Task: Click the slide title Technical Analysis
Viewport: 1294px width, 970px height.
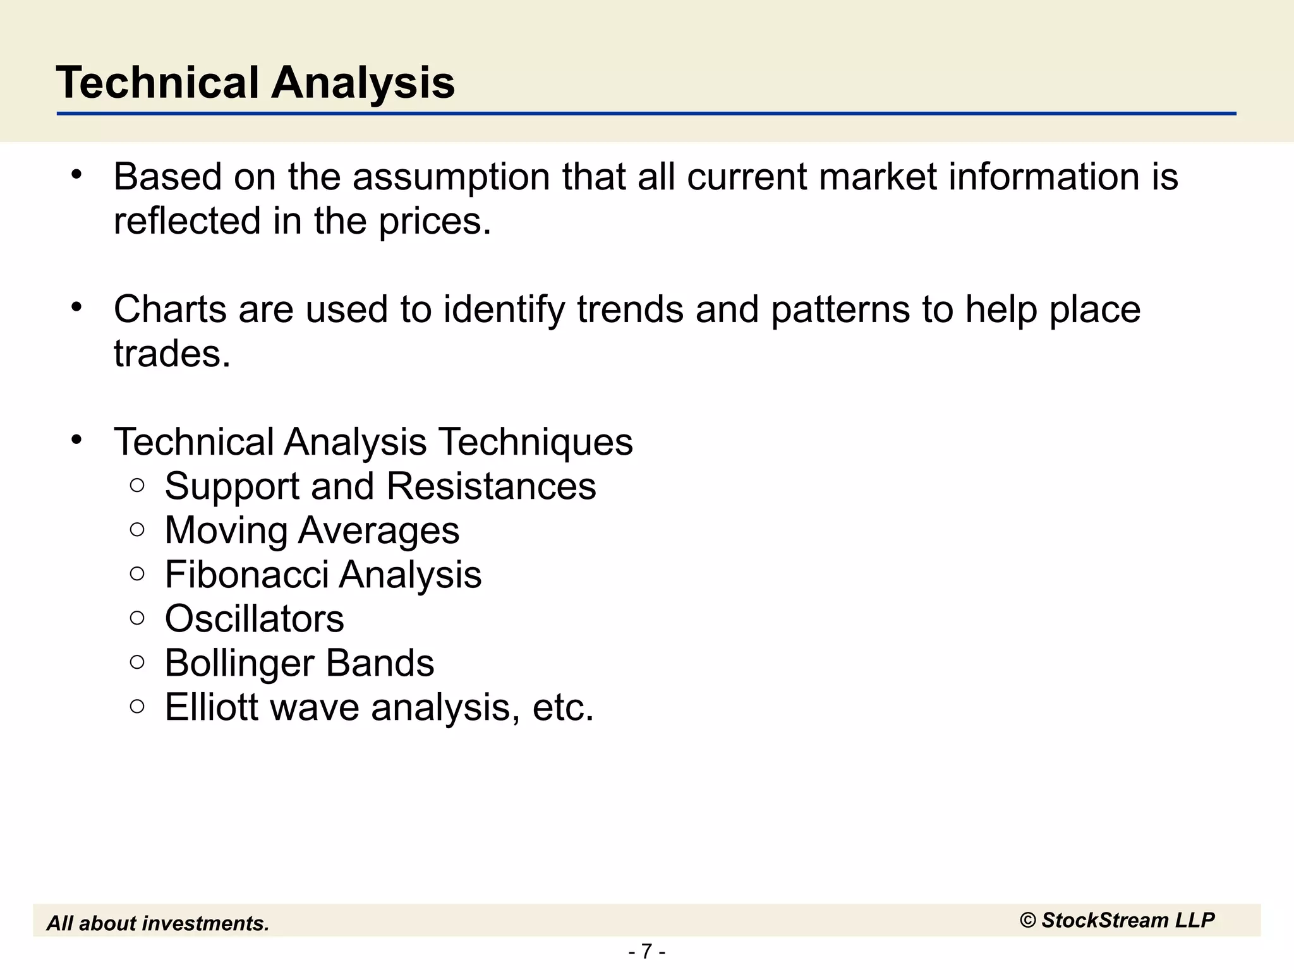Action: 255,83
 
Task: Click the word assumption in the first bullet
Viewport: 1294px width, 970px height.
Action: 450,177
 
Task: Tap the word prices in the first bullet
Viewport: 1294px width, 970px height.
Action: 434,222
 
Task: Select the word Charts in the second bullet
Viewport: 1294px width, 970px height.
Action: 170,309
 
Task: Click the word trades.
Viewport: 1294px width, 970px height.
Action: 172,354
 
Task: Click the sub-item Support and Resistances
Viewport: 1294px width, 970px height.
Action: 380,486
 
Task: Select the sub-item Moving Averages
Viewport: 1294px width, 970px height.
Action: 311,530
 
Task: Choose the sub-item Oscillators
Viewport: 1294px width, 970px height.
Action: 254,618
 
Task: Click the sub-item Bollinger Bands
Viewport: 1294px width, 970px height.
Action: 299,662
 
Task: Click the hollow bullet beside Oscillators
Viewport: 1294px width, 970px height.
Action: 137,618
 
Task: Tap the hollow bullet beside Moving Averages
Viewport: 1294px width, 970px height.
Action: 137,529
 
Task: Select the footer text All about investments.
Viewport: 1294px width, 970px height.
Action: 158,923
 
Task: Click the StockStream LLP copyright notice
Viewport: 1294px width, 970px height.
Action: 1116,920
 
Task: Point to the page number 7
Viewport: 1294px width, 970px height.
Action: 646,951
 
